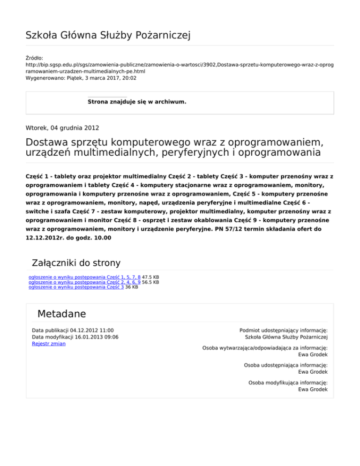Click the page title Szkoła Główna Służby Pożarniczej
click(x=108, y=35)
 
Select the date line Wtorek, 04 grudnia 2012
click(x=62, y=127)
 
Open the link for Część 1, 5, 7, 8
click(x=84, y=277)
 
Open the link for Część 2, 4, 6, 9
click(x=84, y=282)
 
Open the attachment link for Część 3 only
click(x=76, y=287)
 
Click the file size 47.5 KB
click(x=150, y=277)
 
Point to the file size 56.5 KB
click(x=150, y=282)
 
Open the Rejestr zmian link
click(x=49, y=344)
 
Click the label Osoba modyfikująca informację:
click(x=288, y=383)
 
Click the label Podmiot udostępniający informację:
click(x=283, y=331)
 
